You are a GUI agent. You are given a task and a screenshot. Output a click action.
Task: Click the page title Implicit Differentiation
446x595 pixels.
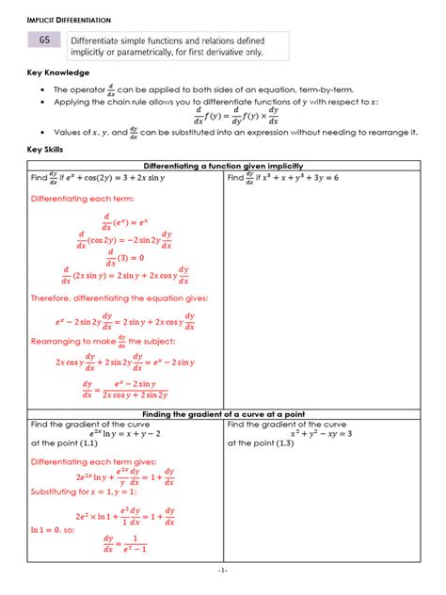pyautogui.click(x=68, y=19)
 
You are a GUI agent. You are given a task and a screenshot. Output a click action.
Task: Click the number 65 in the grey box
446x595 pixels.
pyautogui.click(x=45, y=40)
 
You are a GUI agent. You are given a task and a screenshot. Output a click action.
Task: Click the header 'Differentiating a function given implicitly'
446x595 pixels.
pyautogui.click(x=222, y=166)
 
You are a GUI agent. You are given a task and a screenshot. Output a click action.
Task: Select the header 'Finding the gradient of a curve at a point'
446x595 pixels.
pyautogui.click(x=222, y=414)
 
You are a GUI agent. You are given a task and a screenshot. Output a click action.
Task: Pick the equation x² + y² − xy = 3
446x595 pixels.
pyautogui.click(x=316, y=434)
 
